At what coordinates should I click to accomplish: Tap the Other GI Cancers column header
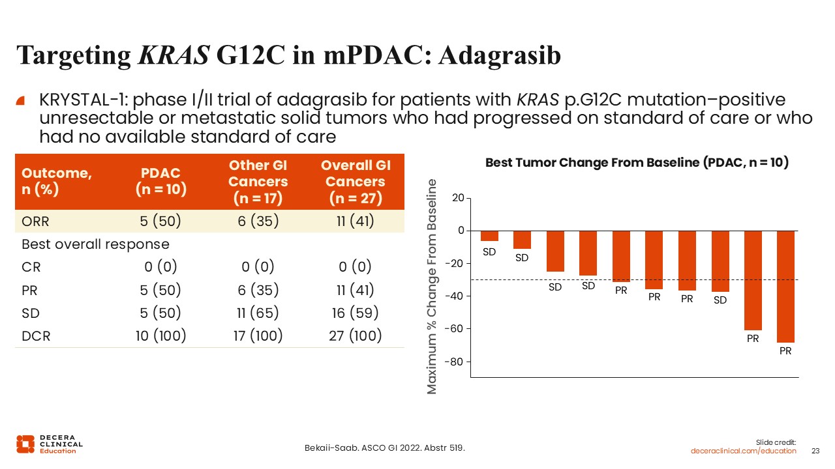[x=258, y=182]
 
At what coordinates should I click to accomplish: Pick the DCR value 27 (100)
[x=355, y=336]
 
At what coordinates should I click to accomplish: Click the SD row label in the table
[x=31, y=313]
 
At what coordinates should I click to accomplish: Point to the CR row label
[x=31, y=267]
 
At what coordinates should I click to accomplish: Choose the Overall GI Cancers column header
[x=355, y=182]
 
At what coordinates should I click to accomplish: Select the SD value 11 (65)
[x=258, y=313]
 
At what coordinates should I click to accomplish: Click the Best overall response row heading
[x=95, y=244]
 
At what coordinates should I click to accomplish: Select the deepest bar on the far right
[x=785, y=287]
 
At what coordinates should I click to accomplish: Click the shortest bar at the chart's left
[x=489, y=236]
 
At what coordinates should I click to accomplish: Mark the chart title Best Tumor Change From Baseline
[x=637, y=163]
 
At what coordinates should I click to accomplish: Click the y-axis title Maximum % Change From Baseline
[x=433, y=287]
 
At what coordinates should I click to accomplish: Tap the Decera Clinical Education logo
[x=50, y=444]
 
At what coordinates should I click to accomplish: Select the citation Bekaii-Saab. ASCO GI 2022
[x=385, y=448]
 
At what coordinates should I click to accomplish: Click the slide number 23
[x=815, y=451]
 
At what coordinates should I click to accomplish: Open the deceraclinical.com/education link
[x=744, y=451]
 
